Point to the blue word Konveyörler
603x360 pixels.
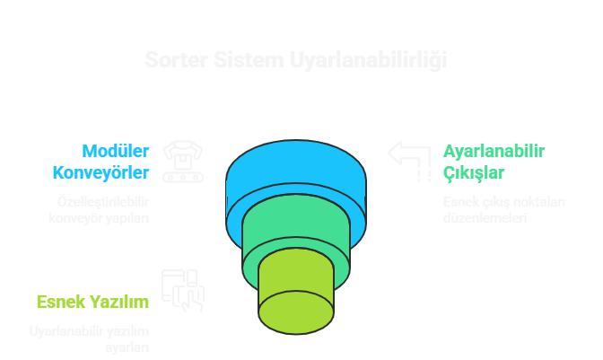[x=100, y=171]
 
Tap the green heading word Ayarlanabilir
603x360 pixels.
[x=494, y=151]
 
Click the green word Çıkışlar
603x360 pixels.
[x=473, y=171]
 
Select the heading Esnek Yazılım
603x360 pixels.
[x=92, y=302]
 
